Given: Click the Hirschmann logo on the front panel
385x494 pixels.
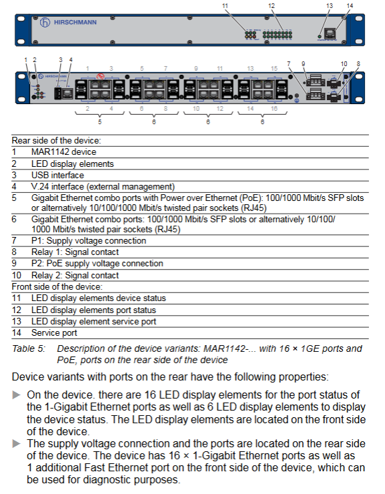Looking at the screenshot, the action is pos(68,23).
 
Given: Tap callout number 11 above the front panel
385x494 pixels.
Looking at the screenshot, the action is pos(225,5).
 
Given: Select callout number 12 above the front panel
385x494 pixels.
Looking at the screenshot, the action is pos(272,5).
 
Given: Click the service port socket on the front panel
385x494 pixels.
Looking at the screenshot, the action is pos(330,33).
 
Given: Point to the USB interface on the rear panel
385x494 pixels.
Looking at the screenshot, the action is pos(58,93).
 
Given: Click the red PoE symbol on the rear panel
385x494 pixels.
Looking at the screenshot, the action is pos(100,76).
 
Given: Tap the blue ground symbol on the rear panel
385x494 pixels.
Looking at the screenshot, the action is pos(296,101).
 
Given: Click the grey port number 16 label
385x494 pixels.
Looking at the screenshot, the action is pos(274,109).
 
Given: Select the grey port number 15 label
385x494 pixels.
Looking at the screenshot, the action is pos(274,68).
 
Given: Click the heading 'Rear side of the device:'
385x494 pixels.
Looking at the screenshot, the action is pos(56,140).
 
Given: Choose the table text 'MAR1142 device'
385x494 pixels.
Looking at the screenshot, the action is pos(63,152).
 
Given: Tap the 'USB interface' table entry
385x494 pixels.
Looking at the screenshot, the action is pos(57,175).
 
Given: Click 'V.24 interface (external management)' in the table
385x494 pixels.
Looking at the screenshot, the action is pos(103,187).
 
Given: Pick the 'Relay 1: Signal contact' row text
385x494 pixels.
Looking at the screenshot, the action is pos(75,252).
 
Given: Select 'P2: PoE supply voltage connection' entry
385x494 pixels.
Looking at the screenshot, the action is pos(97,264).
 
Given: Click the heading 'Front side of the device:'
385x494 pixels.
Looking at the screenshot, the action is pos(57,286).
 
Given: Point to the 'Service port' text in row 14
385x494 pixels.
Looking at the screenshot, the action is pos(54,332).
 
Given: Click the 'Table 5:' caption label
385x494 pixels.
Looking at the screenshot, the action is pos(29,348).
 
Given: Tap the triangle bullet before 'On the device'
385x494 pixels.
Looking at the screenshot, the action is pos(17,395).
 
